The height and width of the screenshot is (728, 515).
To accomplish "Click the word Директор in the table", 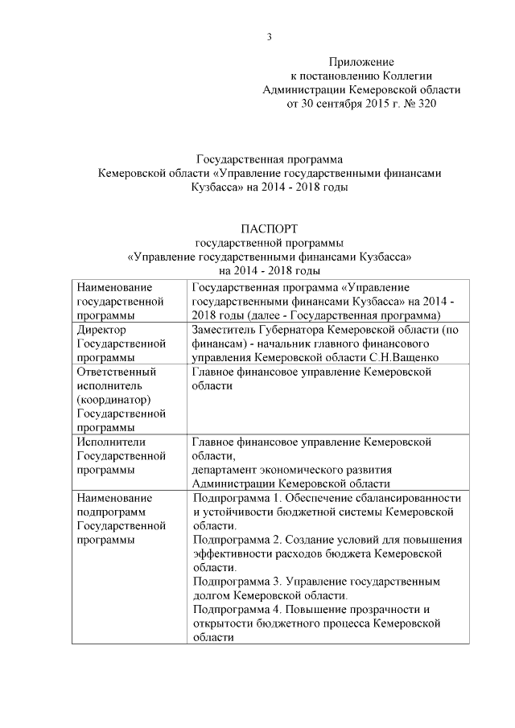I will click(x=101, y=329).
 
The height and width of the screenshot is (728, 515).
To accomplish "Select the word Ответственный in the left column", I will click(x=113, y=372).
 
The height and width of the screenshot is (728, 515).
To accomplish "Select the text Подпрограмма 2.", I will click(x=239, y=540).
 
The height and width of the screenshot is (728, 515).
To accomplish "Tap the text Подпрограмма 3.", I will click(x=239, y=582).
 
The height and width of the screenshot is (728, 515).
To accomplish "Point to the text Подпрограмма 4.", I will click(x=239, y=609).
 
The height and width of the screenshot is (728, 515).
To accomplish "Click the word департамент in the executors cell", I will click(x=229, y=469).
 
